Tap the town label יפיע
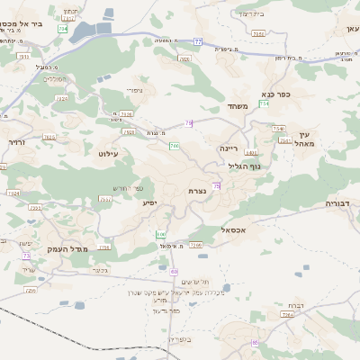[x=150, y=202]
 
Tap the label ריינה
[x=229, y=147]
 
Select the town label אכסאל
[x=233, y=230]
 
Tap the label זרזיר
[x=15, y=141]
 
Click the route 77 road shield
[x=197, y=40]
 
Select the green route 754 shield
[x=265, y=104]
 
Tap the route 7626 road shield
[x=126, y=114]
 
